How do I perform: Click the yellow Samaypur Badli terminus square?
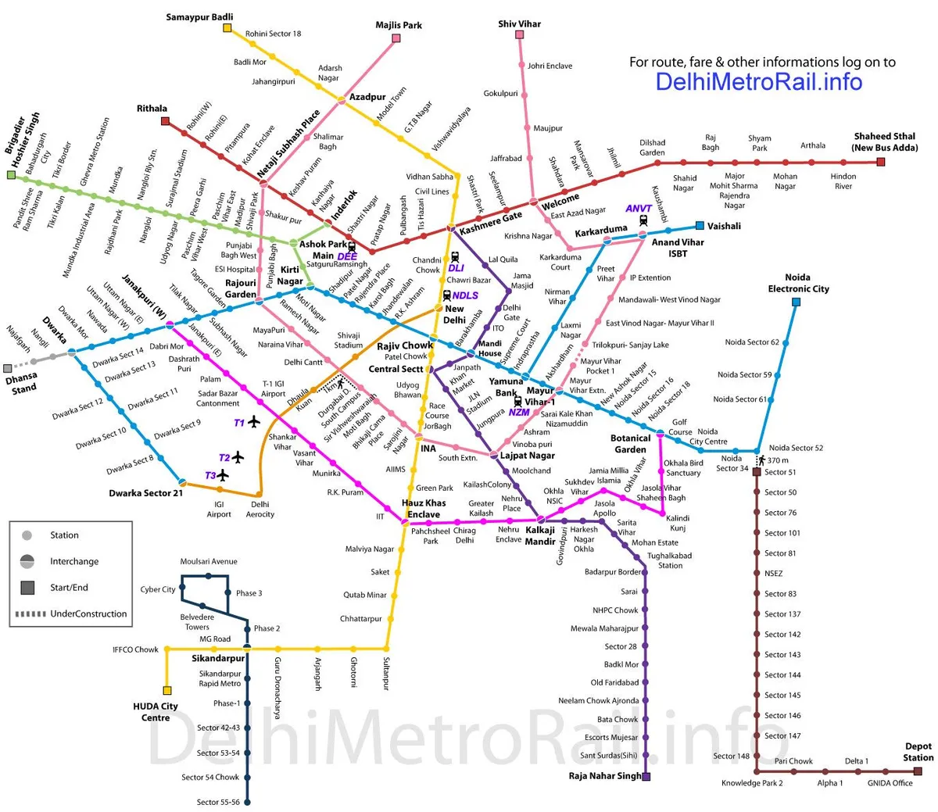pos(227,28)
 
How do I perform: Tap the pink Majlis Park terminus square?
pos(397,38)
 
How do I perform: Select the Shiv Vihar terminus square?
pos(520,35)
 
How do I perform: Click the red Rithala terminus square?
pos(165,121)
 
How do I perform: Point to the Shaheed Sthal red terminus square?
pos(881,162)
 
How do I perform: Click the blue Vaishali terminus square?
pos(700,226)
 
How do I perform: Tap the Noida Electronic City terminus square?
pos(797,300)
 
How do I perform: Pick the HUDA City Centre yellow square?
pos(166,690)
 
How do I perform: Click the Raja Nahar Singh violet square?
pos(646,776)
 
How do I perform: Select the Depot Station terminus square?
pos(918,771)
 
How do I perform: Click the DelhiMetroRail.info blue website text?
pos(758,81)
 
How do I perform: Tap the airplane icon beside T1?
pos(253,422)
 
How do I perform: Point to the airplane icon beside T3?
pos(224,475)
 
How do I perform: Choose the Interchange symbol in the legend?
pos(27,561)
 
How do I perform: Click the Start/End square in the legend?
pos(27,587)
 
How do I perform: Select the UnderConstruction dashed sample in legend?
pos(30,613)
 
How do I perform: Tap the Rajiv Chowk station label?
pos(405,345)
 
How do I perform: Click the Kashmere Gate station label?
pos(491,222)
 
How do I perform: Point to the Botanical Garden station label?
pos(630,444)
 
